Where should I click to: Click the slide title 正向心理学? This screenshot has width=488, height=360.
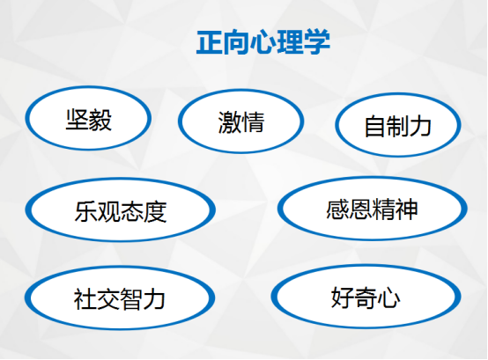click(263, 42)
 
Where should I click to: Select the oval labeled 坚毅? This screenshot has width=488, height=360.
click(88, 118)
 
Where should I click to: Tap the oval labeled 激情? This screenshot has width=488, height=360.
click(240, 121)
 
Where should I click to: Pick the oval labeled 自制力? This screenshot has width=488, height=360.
click(398, 125)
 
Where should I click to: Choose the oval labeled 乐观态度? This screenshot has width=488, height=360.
click(121, 209)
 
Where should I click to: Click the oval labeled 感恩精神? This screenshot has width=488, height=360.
click(373, 209)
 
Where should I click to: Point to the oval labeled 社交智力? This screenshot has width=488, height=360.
click(120, 298)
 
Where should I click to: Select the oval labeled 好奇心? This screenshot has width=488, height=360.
click(366, 297)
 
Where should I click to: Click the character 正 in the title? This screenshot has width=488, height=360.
click(210, 42)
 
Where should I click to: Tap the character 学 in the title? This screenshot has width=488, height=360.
click(317, 42)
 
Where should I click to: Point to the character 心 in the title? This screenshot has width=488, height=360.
click(263, 42)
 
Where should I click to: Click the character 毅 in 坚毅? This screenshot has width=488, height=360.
click(100, 120)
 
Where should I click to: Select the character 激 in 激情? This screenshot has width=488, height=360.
click(230, 122)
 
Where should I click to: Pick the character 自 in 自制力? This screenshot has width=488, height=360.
click(375, 126)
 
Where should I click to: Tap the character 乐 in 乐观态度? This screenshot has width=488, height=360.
click(86, 211)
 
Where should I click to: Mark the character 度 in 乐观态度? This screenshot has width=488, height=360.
click(155, 211)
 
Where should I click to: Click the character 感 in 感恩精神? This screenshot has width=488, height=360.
click(337, 209)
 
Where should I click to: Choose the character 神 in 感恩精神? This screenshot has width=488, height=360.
click(406, 209)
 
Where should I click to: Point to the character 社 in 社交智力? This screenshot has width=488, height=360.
click(85, 298)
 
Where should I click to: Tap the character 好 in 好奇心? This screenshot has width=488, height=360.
click(343, 298)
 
